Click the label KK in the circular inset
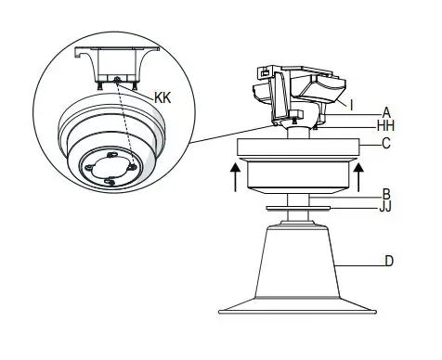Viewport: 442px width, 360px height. (163, 96)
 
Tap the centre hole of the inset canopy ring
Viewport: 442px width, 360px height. (109, 168)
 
